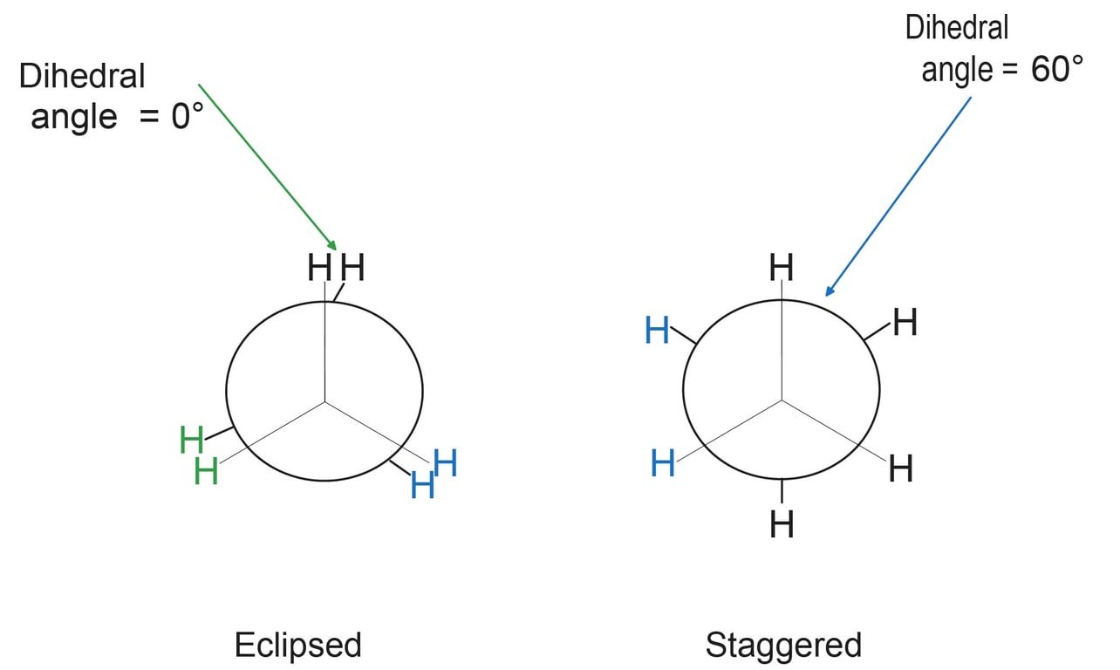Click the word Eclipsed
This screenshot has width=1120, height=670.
297,646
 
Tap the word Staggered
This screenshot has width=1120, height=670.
782,646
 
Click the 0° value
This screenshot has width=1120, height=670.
187,116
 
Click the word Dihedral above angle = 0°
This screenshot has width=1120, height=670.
82,77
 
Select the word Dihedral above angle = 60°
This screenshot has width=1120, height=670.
957,28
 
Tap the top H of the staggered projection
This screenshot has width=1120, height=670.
782,269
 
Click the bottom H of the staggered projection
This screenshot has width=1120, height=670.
782,524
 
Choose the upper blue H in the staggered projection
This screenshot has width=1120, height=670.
658,332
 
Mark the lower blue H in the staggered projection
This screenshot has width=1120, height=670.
663,464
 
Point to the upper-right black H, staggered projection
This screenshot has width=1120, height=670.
905,324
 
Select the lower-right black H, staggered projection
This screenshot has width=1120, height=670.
900,469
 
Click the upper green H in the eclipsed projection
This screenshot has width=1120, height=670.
192,440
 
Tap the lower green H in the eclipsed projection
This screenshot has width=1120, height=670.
207,472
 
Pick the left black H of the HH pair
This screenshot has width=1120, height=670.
320,269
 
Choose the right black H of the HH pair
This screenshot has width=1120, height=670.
352,269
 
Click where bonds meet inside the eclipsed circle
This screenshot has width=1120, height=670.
325,401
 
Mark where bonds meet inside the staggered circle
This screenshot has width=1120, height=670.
782,400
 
